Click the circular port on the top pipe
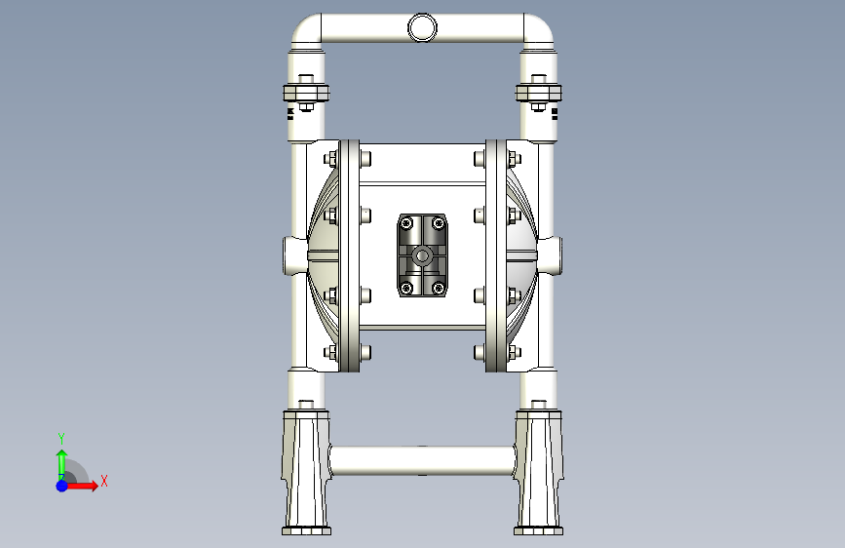422,27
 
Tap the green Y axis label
61,438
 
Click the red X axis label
104,481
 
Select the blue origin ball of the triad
62,486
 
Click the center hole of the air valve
422,255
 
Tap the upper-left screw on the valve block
406,222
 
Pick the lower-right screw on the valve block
439,288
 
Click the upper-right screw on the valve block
439,222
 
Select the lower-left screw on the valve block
406,288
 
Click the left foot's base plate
306,531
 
